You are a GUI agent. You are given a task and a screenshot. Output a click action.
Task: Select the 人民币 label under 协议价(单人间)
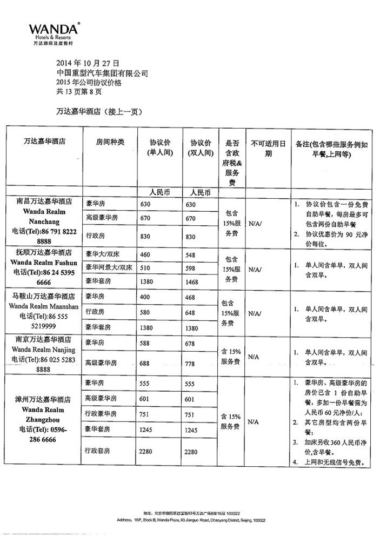pyautogui.click(x=159, y=192)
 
